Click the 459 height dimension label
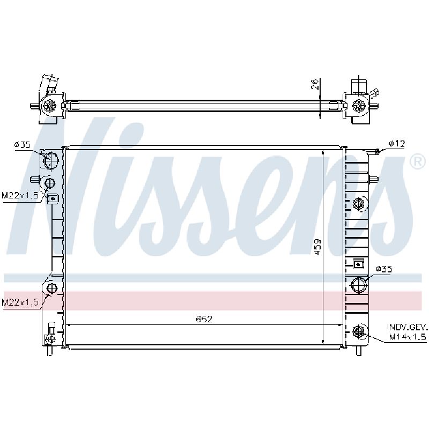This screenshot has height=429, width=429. click(317, 247)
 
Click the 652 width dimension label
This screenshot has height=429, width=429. click(204, 319)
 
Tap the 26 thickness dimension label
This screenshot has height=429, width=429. click(315, 84)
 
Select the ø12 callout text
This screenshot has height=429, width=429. click(397, 143)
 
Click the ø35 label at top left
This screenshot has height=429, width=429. click(23, 144)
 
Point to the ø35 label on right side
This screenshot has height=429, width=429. click(384, 269)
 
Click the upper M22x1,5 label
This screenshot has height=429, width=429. click(20, 195)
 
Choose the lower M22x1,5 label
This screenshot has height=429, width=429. click(20, 302)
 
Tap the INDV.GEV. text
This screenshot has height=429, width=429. click(407, 327)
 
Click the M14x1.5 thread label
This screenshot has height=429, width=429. click(408, 337)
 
